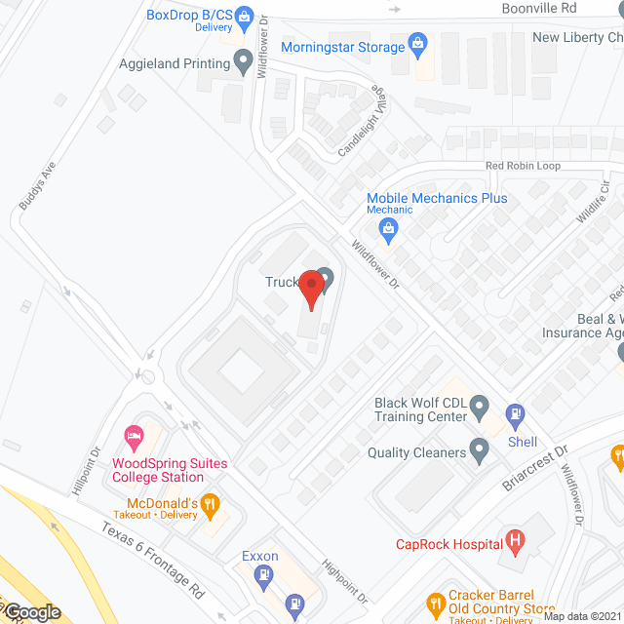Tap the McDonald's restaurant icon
point(209,505)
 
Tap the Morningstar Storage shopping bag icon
point(418,44)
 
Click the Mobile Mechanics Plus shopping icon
point(389,231)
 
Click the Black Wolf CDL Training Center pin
point(479,406)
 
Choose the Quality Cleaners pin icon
point(479,450)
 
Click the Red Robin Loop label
point(524,166)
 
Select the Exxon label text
point(260,557)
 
